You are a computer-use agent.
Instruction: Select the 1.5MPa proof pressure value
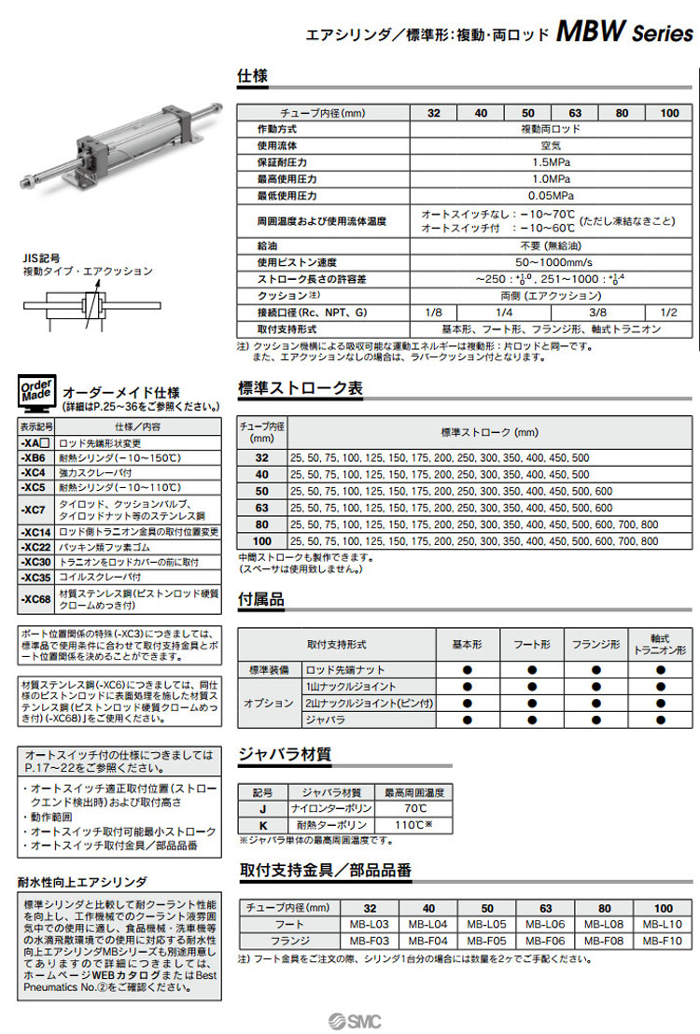tap(551, 161)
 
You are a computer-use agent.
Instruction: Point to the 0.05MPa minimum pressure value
tap(551, 195)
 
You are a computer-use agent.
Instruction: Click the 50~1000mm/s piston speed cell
tap(551, 262)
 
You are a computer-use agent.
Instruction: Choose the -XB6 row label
tap(34, 458)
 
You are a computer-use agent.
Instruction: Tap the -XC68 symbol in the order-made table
tap(35, 599)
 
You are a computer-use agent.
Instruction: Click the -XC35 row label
tap(35, 578)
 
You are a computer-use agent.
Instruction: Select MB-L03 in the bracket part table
tap(370, 923)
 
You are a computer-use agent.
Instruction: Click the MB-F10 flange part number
tap(663, 940)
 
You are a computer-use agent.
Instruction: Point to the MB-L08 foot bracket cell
tap(605, 923)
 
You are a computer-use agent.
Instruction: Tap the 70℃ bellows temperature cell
tap(413, 809)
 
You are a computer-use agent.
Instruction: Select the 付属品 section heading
tap(261, 599)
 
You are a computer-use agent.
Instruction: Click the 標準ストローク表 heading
tap(301, 388)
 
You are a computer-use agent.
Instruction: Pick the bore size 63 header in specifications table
tap(575, 113)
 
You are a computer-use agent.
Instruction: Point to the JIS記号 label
tap(42, 257)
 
